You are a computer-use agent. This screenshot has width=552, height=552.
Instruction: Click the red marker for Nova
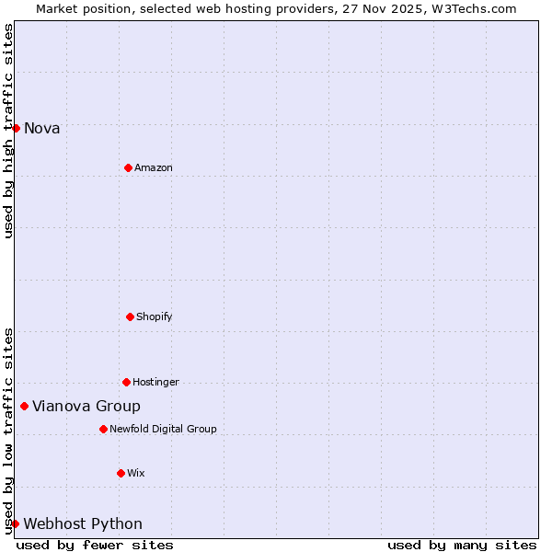tap(16, 128)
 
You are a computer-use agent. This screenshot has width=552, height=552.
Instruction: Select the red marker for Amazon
tap(128, 167)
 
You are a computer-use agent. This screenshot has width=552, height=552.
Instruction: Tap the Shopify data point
tap(130, 316)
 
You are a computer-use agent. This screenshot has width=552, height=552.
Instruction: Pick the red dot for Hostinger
tap(126, 382)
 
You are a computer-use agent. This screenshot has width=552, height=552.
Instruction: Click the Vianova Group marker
tap(24, 406)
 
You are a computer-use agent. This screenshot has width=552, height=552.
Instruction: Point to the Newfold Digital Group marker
tap(103, 429)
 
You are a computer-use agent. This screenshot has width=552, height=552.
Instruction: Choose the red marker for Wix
tap(121, 473)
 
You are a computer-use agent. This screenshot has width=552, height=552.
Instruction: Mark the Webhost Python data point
tap(15, 523)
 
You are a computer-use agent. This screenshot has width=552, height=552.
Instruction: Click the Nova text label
tap(42, 129)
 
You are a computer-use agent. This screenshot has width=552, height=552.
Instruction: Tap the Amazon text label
tap(154, 167)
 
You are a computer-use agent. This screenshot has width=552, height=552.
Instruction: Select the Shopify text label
tap(155, 317)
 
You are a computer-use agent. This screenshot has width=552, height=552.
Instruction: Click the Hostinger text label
tap(156, 383)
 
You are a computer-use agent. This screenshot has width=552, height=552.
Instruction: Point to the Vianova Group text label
tap(86, 407)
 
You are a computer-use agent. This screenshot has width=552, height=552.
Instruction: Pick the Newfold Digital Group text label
tap(164, 430)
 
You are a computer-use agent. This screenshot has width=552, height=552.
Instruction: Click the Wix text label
tap(136, 474)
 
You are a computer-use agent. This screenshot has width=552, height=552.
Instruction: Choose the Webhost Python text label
tap(83, 524)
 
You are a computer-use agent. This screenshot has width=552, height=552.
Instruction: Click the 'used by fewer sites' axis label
tap(95, 545)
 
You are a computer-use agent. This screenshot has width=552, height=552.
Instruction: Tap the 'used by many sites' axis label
tap(462, 545)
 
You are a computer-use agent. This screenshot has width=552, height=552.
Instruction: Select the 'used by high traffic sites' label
tap(8, 131)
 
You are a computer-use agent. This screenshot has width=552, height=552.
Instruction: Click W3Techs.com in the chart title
tap(474, 8)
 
